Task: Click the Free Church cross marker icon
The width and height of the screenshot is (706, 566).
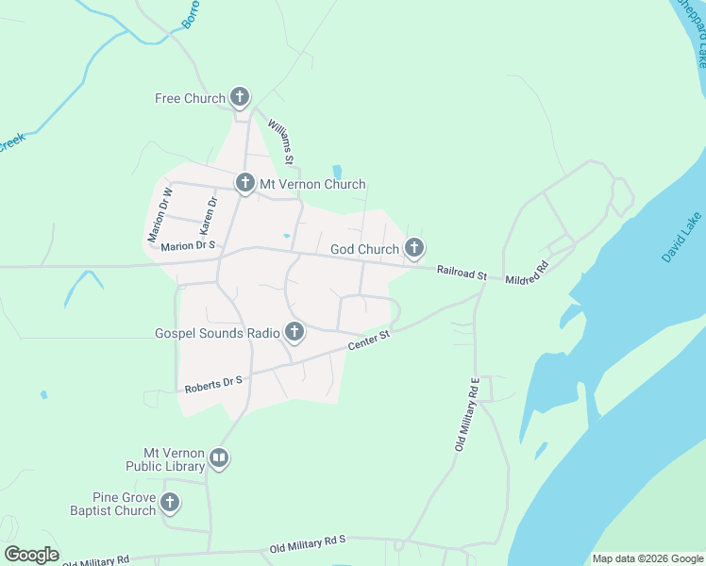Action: click(x=241, y=97)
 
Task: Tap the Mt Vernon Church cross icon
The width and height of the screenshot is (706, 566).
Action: click(x=245, y=183)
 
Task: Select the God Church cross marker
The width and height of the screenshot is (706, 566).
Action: click(x=413, y=248)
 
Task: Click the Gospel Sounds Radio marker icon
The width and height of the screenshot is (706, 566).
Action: click(x=294, y=332)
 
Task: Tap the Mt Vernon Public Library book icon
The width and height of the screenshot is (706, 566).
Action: click(x=219, y=459)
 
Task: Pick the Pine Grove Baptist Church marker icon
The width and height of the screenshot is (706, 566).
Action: click(x=170, y=503)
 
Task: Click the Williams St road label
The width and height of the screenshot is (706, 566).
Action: click(x=281, y=139)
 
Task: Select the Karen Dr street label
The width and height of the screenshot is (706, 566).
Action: click(x=208, y=216)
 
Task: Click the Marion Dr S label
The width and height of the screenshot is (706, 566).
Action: click(x=189, y=246)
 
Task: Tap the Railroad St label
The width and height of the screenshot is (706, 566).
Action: click(x=462, y=274)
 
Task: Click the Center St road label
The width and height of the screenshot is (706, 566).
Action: click(x=369, y=341)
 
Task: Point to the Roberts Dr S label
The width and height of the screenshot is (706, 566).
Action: click(x=213, y=381)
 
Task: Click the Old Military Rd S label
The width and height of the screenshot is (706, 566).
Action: click(x=309, y=543)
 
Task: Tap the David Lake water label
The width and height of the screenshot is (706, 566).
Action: click(x=681, y=238)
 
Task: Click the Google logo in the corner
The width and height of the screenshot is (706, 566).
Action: click(x=31, y=555)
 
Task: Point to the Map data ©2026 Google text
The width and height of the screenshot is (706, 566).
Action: click(x=647, y=558)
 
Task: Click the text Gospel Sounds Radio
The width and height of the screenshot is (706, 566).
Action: click(x=217, y=333)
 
